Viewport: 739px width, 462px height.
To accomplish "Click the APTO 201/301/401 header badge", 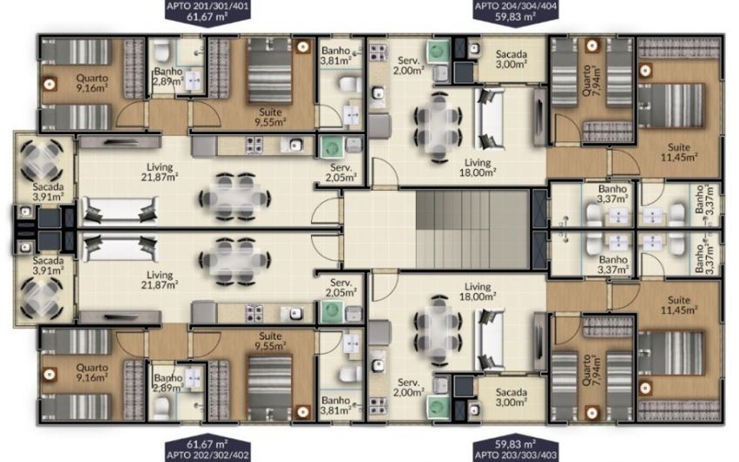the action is (207, 12).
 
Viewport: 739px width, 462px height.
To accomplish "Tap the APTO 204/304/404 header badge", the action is (516, 11).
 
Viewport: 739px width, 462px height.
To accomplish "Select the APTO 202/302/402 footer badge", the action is (207, 449).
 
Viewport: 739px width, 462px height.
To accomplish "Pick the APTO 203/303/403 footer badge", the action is (516, 449).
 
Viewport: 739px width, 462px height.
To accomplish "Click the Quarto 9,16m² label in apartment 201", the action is (92, 83).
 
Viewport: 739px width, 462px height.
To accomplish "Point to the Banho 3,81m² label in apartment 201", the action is (336, 55).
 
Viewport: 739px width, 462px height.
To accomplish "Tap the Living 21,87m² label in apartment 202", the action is (159, 280).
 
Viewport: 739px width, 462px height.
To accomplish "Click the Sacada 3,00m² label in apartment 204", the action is (512, 59).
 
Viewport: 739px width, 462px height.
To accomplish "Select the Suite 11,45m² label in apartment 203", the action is (679, 304).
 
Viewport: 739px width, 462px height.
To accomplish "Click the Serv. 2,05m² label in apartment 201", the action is (341, 173).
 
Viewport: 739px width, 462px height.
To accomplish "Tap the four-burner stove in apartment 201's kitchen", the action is (254, 145).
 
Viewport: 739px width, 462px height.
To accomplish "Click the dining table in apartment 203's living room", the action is (438, 330).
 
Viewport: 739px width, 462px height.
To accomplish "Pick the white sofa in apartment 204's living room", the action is (490, 118).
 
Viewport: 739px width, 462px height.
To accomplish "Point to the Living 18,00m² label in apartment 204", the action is (478, 167).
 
